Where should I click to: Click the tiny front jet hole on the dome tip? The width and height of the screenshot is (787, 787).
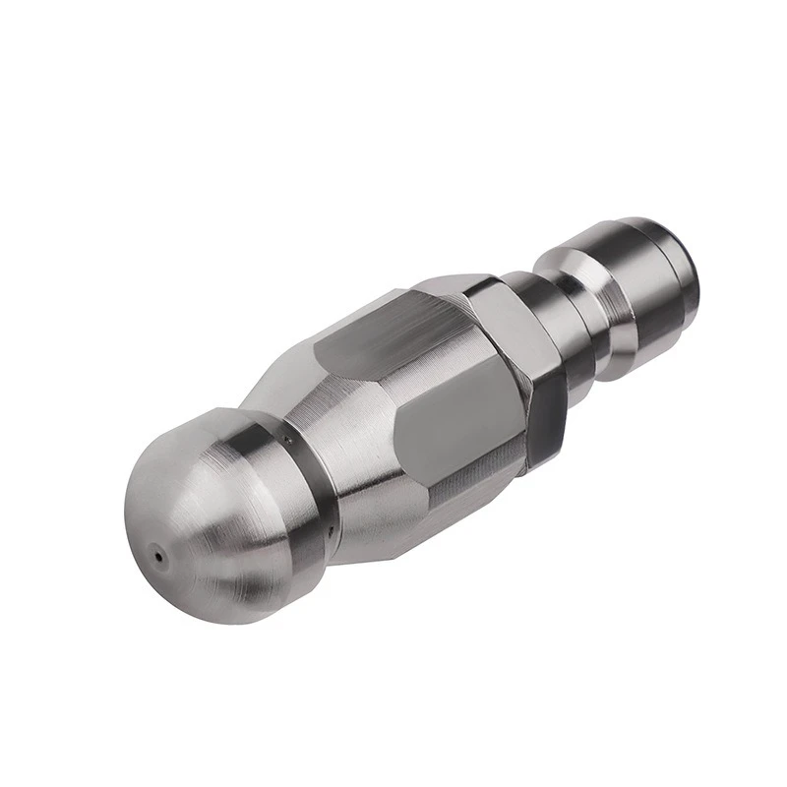[x=156, y=557]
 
